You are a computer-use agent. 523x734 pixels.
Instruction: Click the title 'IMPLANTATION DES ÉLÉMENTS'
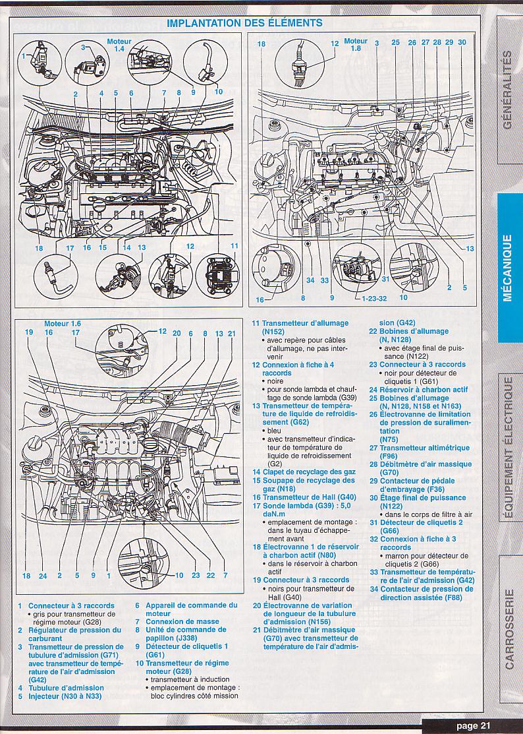[244, 23]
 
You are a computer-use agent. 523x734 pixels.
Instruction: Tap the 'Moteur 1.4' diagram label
[119, 45]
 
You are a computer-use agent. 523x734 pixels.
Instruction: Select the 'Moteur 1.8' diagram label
[356, 45]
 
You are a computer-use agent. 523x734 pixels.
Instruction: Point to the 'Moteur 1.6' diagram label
[63, 324]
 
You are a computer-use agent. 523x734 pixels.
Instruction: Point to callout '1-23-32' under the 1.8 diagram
[374, 297]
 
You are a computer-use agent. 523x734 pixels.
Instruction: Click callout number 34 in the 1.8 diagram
[310, 280]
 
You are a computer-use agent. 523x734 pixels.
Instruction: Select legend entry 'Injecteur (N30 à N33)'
[65, 696]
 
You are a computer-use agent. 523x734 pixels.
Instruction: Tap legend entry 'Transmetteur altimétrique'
[424, 448]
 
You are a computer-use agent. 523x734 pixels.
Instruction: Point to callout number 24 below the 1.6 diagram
[43, 576]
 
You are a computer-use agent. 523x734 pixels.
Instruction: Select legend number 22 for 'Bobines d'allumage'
[372, 332]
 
